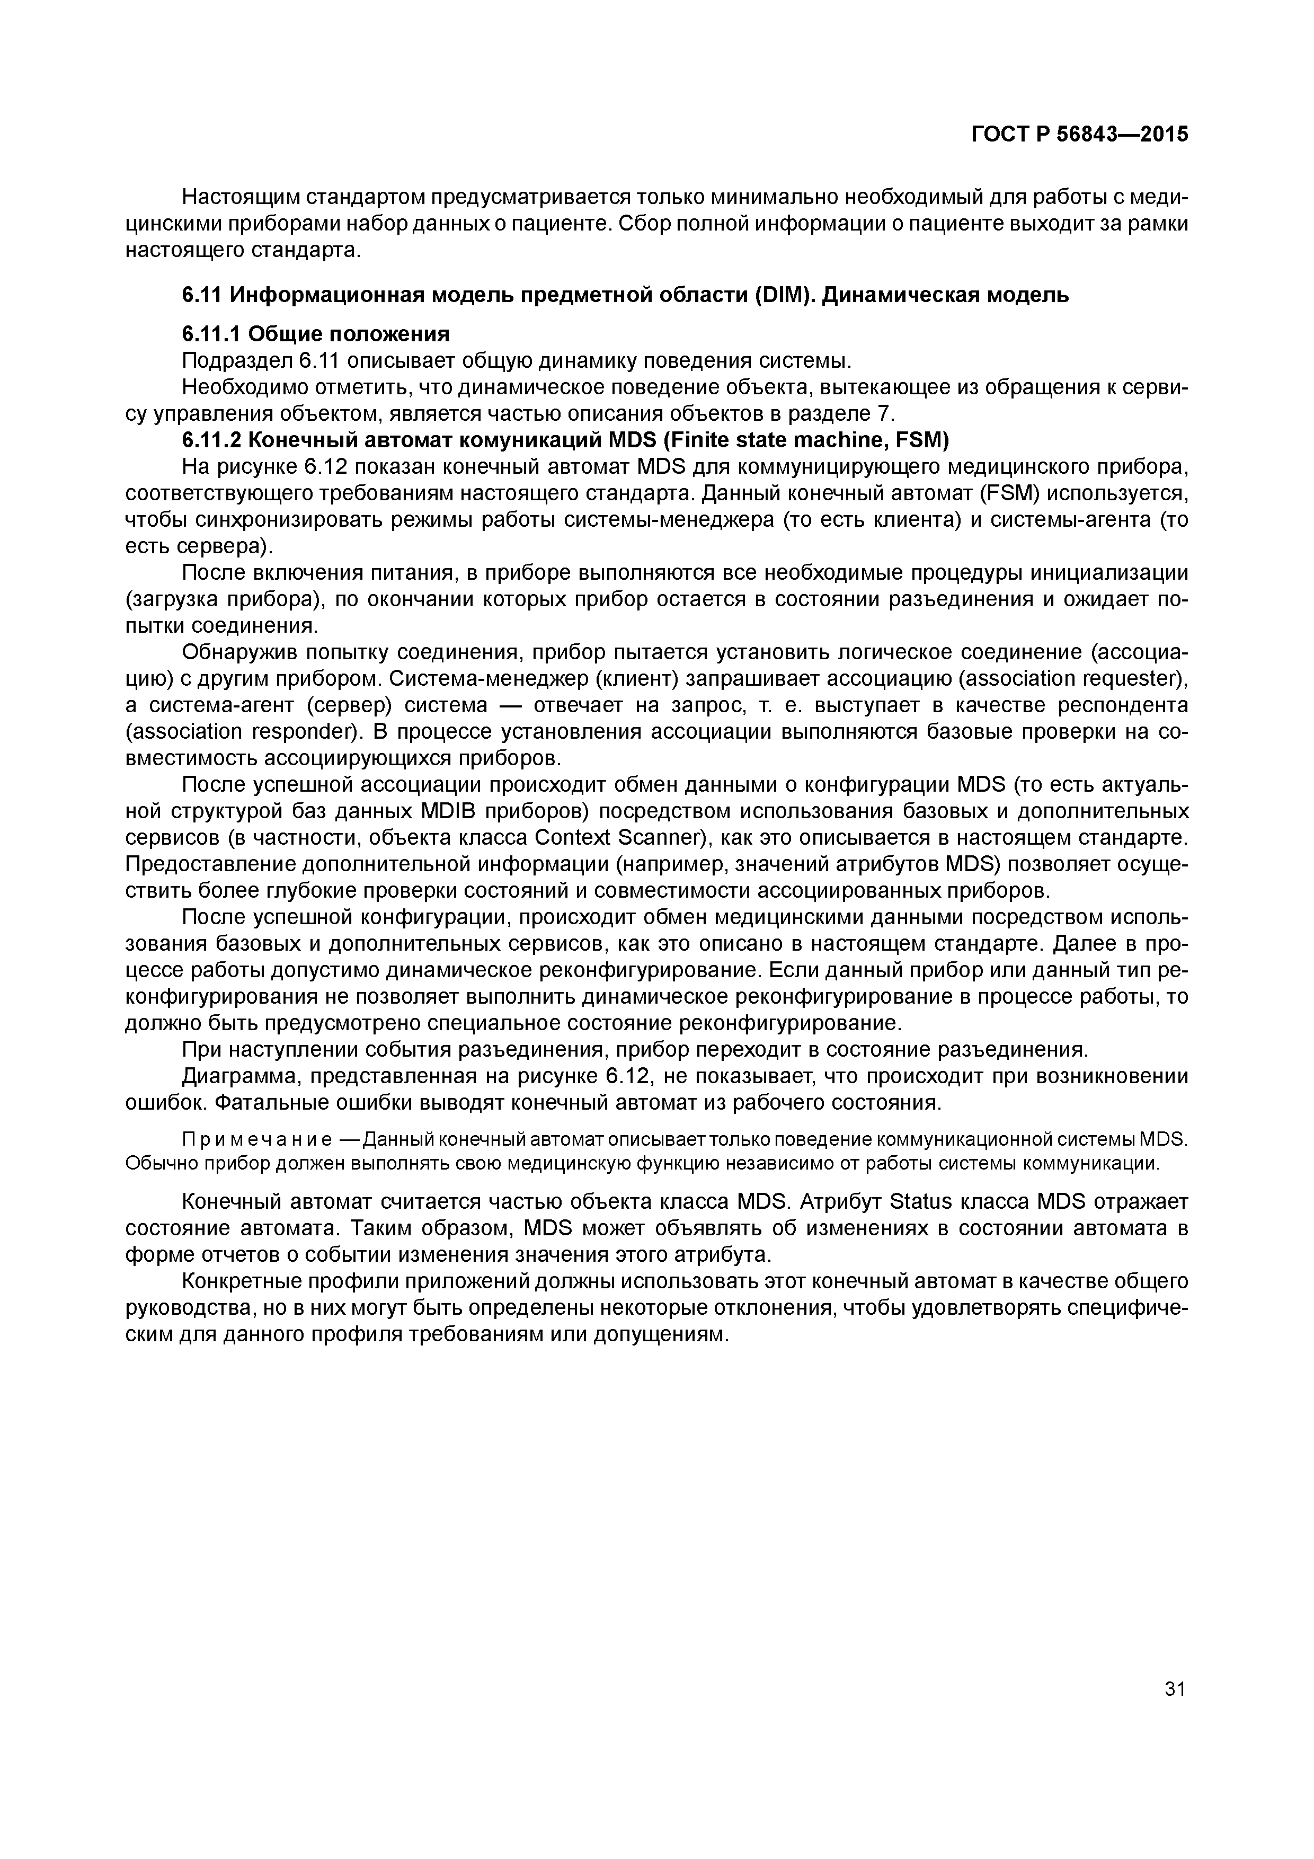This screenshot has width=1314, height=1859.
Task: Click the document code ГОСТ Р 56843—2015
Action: coord(1079,135)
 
